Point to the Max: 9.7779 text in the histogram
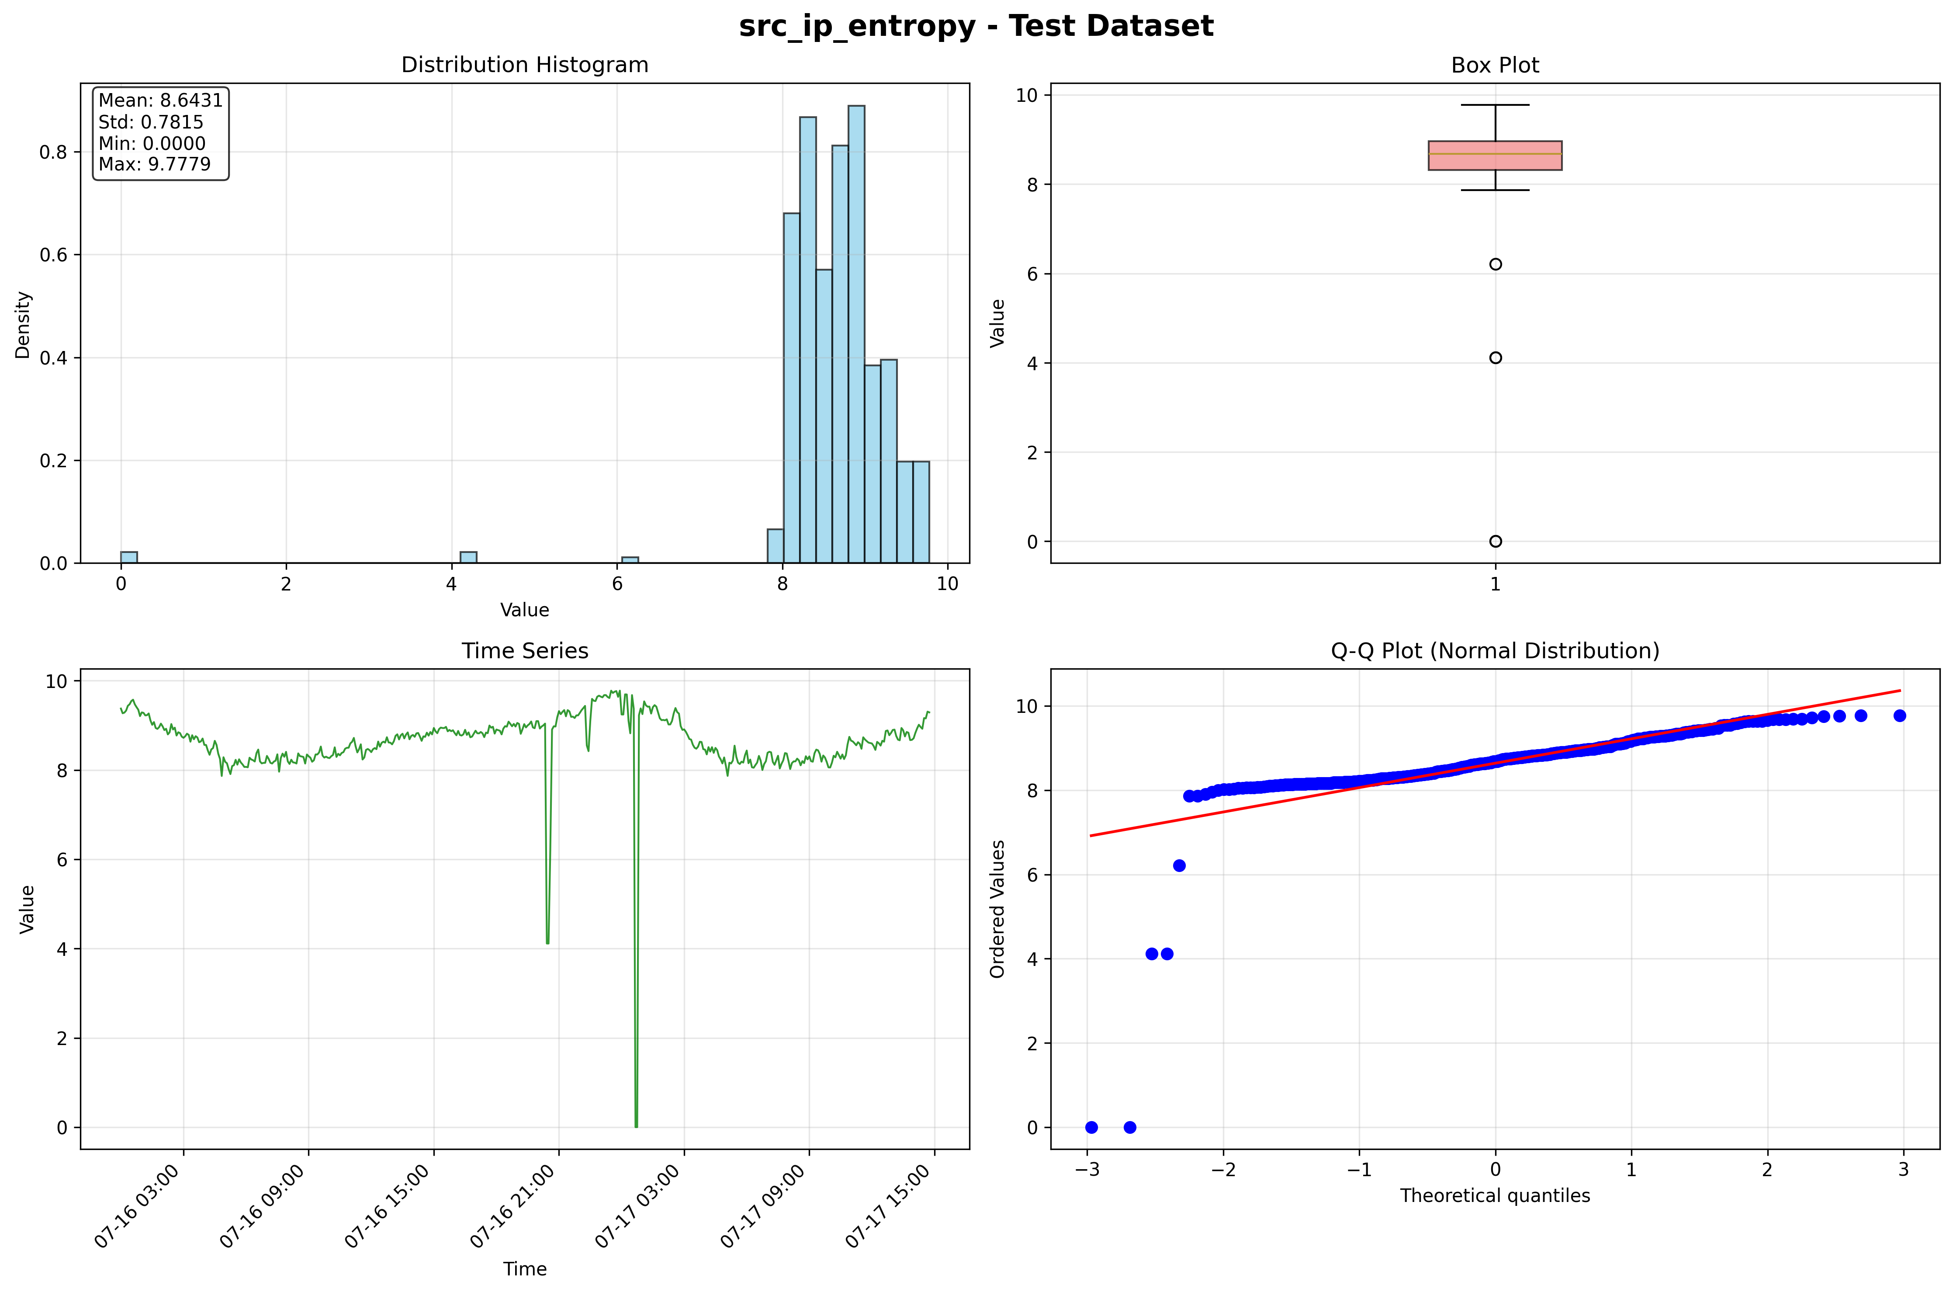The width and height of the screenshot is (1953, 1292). pyautogui.click(x=155, y=164)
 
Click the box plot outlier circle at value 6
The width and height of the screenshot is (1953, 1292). pyautogui.click(x=1495, y=264)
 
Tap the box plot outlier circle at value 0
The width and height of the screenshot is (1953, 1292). pyautogui.click(x=1495, y=542)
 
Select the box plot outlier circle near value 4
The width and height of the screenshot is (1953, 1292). pyautogui.click(x=1495, y=358)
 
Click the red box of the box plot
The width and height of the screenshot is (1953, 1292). pyautogui.click(x=1495, y=156)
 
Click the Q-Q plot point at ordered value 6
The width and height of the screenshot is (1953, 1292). pyautogui.click(x=1179, y=865)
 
